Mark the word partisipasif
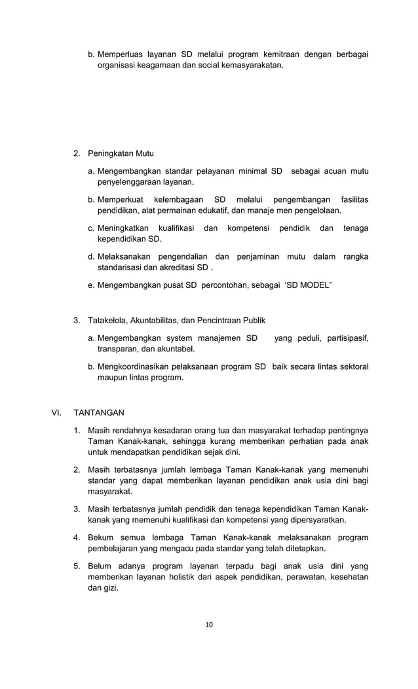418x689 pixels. [x=343, y=338]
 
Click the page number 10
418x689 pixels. [x=209, y=624]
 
